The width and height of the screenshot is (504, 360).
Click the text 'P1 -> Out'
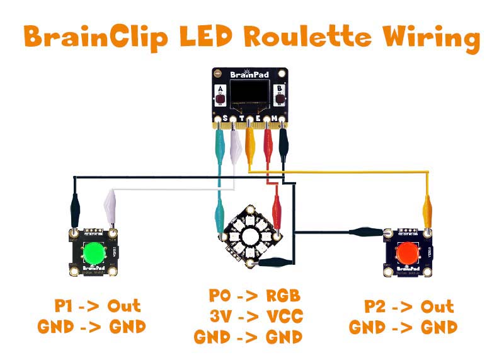pyautogui.click(x=97, y=306)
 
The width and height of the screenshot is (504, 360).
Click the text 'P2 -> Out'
pyautogui.click(x=409, y=306)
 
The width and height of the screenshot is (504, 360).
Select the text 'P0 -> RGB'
pyautogui.click(x=255, y=296)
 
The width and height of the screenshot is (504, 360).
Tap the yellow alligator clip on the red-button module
pyautogui.click(x=427, y=209)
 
